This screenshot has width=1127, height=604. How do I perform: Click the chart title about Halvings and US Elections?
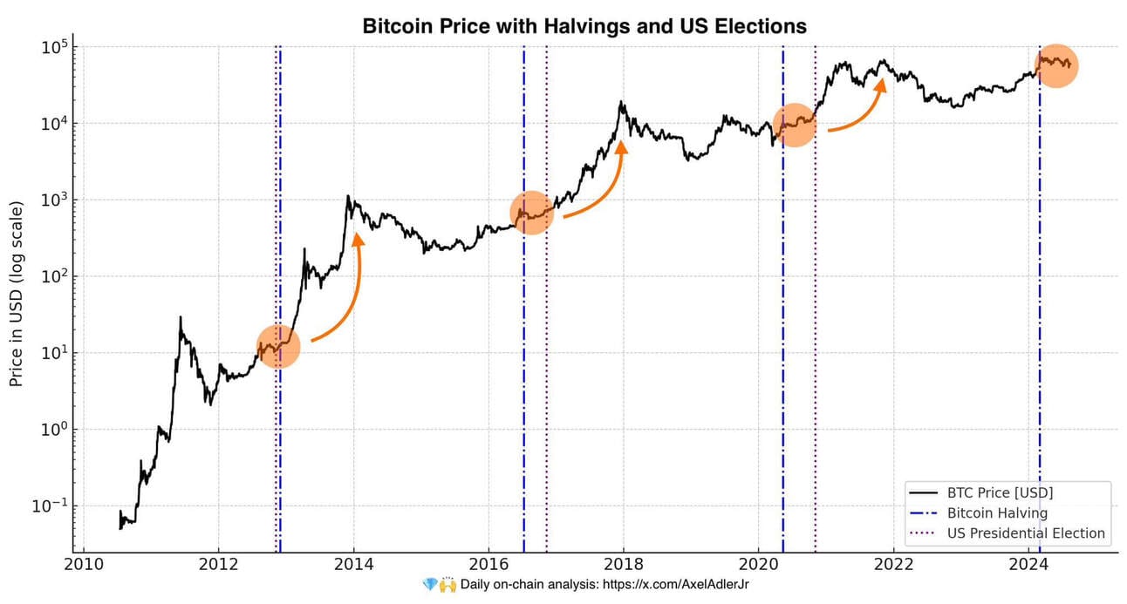pos(584,26)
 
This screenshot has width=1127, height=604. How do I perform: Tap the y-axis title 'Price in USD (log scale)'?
pos(17,293)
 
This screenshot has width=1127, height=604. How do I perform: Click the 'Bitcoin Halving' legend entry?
pos(997,513)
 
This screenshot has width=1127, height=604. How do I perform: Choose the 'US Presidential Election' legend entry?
pos(1026,533)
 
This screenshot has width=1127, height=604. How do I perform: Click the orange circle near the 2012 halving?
pos(278,347)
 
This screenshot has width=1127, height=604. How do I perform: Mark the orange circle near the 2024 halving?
pos(1056,65)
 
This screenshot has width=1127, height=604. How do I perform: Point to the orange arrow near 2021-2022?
pos(864,109)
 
